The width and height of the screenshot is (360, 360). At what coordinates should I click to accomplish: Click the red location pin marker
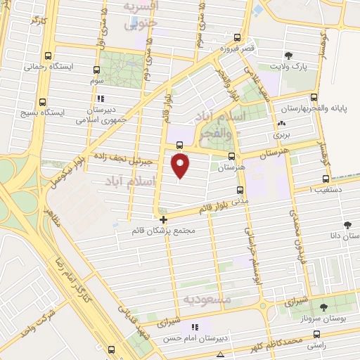(181, 165)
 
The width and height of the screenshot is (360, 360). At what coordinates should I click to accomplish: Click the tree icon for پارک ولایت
(288, 56)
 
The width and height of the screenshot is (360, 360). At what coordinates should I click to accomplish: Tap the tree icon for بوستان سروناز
(323, 307)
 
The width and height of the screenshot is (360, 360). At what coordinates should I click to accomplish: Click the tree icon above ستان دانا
(347, 225)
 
